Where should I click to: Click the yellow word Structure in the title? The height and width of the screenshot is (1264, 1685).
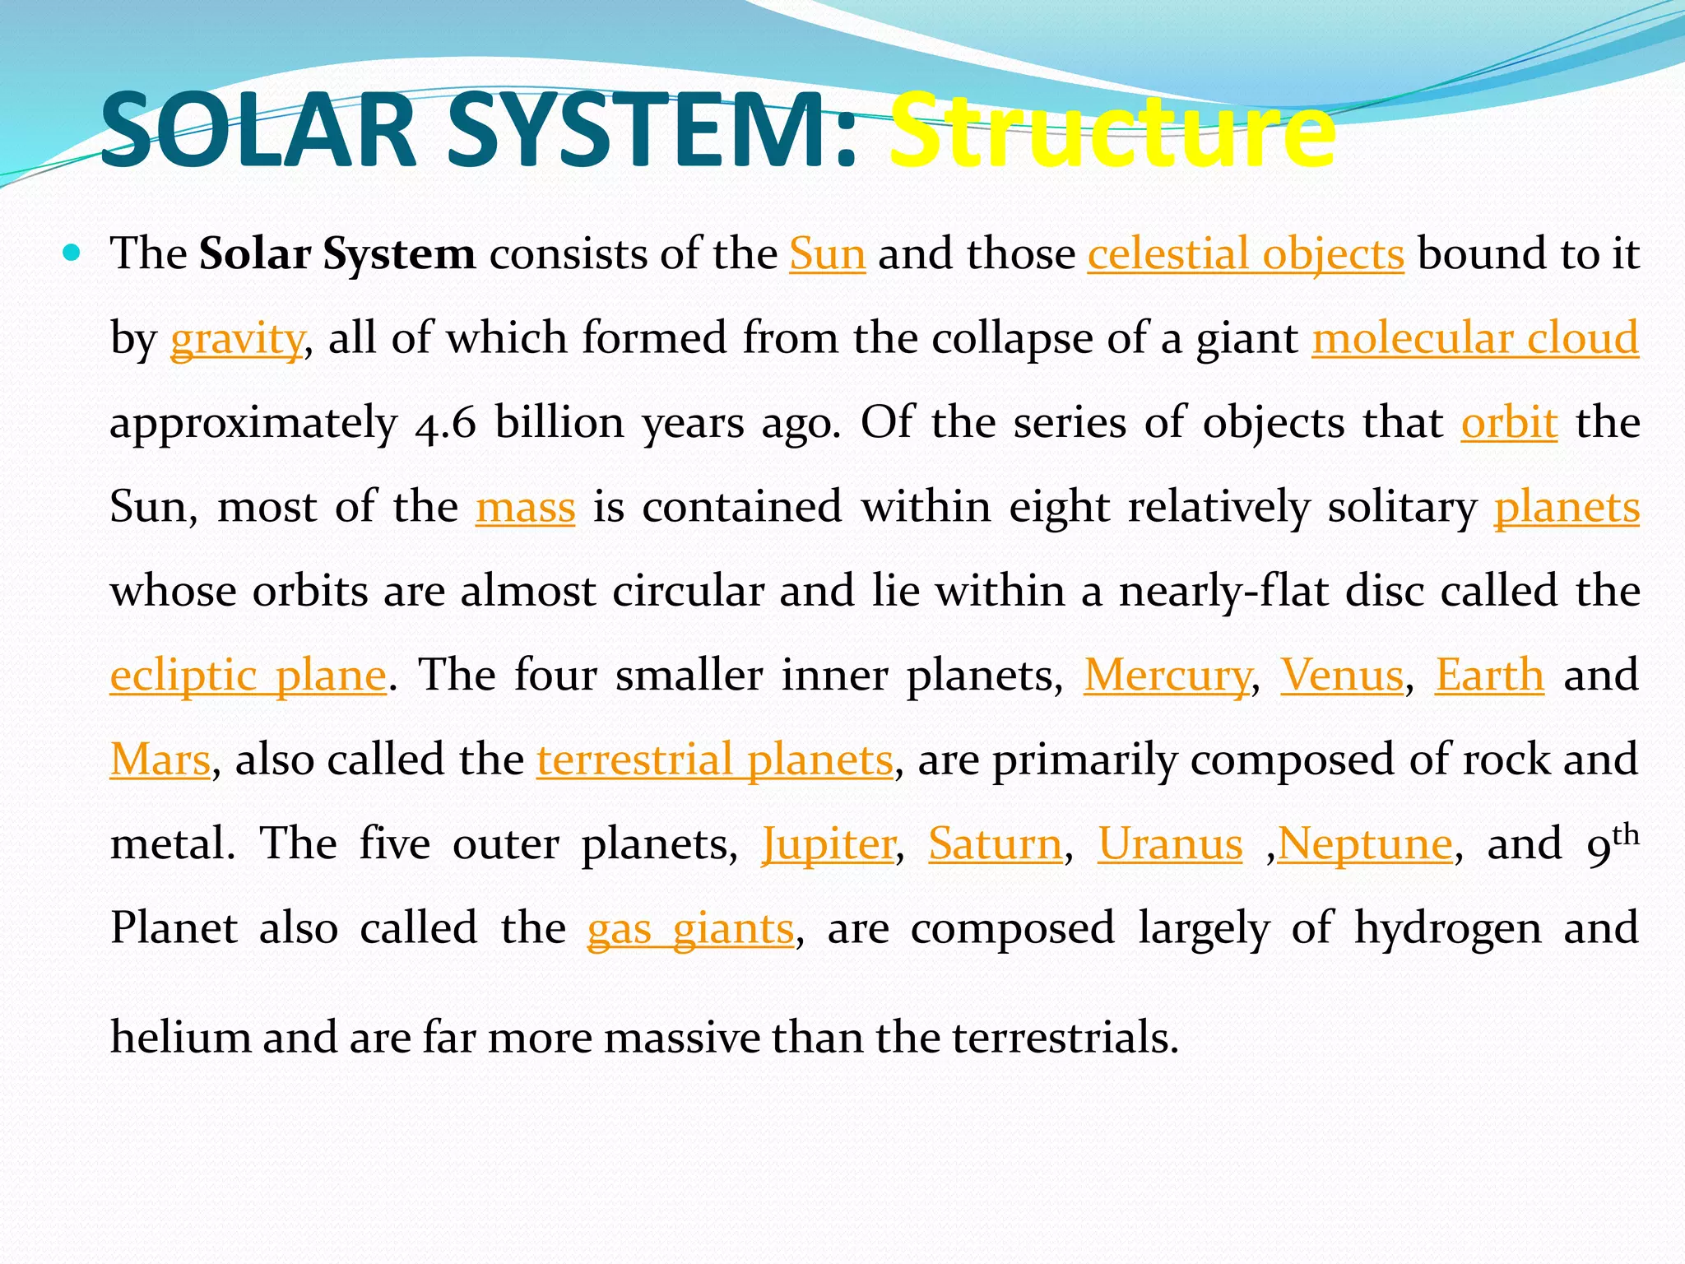click(x=1112, y=132)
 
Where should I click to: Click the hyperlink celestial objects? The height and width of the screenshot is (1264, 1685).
click(x=1246, y=253)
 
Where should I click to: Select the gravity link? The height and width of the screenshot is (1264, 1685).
click(x=237, y=338)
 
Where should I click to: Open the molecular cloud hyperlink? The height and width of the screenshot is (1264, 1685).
click(x=1475, y=338)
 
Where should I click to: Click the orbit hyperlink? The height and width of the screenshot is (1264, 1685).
click(x=1509, y=422)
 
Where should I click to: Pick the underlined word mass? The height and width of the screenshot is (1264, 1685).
click(x=525, y=506)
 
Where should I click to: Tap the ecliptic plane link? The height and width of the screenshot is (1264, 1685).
click(x=248, y=676)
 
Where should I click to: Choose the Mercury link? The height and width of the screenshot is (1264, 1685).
click(x=1167, y=676)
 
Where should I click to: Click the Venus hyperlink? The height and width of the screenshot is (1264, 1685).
click(x=1342, y=676)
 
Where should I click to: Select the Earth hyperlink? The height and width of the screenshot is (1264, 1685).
click(x=1489, y=676)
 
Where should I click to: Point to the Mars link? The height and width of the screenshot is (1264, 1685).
click(x=160, y=760)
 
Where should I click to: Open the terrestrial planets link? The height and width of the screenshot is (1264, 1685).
click(x=715, y=760)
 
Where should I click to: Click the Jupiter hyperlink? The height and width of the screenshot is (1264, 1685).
click(x=829, y=844)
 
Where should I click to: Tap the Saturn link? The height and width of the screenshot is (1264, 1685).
click(x=996, y=844)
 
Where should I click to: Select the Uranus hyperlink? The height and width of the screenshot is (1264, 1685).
click(x=1170, y=844)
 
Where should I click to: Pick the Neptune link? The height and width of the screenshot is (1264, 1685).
click(x=1365, y=844)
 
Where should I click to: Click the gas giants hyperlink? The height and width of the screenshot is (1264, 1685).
click(x=690, y=929)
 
